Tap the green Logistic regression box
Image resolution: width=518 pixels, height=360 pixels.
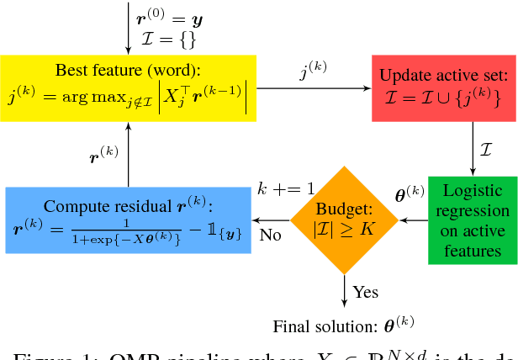[x=469, y=220]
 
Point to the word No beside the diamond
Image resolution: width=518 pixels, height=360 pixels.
[x=270, y=236]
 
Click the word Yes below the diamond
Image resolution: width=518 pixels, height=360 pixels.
[x=365, y=292]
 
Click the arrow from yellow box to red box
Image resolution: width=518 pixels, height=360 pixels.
[x=314, y=87]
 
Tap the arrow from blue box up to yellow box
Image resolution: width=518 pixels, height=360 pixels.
[x=128, y=151]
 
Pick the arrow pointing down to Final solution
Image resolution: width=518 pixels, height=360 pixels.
[x=344, y=290]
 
